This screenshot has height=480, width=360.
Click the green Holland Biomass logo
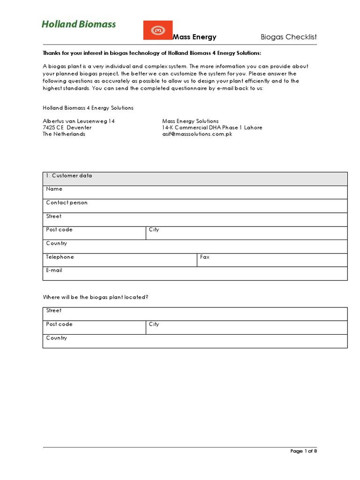click(78, 24)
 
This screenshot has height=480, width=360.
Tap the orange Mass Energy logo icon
click(157, 30)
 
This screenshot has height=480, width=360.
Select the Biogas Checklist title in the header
click(289, 37)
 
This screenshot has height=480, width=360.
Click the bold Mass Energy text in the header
click(195, 37)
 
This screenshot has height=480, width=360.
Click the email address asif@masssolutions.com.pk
click(197, 134)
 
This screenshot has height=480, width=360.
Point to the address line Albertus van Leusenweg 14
click(79, 121)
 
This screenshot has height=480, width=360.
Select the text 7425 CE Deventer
click(67, 127)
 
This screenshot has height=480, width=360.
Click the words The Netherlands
click(64, 134)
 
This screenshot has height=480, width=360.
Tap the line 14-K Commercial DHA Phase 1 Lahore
click(212, 127)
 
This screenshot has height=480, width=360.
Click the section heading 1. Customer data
click(69, 176)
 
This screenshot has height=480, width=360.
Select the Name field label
click(54, 189)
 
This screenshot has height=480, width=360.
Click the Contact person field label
click(67, 203)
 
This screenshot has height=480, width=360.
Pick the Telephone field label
click(60, 257)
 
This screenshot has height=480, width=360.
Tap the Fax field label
click(205, 257)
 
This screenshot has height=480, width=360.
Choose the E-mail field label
click(54, 270)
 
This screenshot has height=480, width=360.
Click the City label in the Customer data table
click(154, 230)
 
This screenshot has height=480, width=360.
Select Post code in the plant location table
click(60, 324)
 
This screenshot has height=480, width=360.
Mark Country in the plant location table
click(57, 338)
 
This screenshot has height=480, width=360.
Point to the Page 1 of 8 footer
click(304, 451)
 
